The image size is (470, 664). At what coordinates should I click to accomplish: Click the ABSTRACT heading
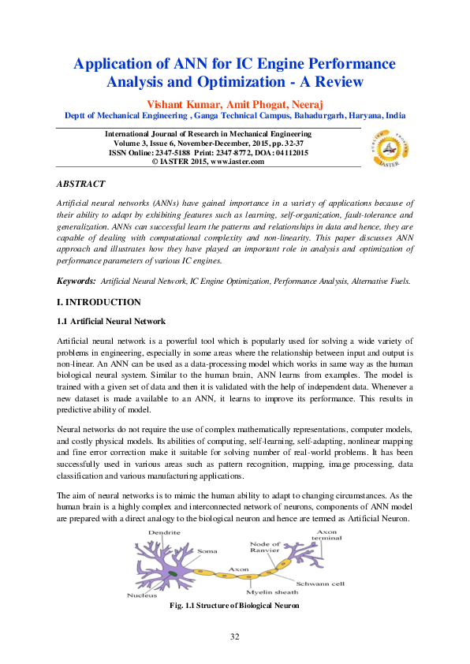(80, 184)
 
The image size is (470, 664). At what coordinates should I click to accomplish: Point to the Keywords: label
(76, 280)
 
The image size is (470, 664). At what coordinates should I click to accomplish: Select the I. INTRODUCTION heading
(99, 302)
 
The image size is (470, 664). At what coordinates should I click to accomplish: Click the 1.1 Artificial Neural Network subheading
(111, 321)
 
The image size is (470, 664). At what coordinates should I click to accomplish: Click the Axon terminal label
(327, 536)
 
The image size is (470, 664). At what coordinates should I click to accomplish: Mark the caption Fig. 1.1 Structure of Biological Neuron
(234, 606)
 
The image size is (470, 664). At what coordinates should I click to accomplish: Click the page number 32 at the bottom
(234, 636)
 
